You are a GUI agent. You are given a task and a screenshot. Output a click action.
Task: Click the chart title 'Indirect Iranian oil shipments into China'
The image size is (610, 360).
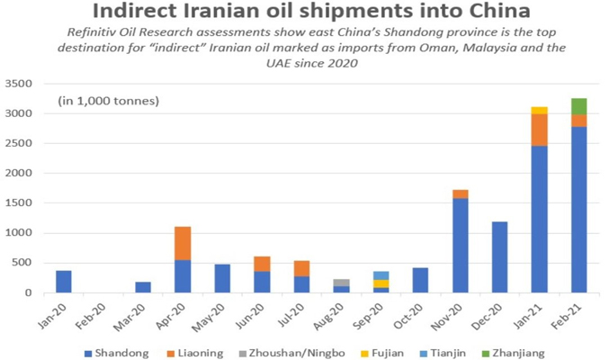pyautogui.click(x=304, y=13)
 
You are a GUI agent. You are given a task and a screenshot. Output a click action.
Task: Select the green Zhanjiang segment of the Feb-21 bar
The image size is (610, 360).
pyautogui.click(x=579, y=106)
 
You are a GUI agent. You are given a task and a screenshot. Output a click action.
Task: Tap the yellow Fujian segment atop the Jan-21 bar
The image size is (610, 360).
pyautogui.click(x=539, y=110)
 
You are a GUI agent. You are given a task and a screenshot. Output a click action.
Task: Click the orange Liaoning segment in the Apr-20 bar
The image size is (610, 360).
pyautogui.click(x=183, y=243)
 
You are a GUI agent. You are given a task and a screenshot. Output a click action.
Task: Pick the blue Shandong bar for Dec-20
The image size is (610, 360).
pyautogui.click(x=499, y=256)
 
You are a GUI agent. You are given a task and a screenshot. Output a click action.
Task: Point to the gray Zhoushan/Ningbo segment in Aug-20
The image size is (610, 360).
pyautogui.click(x=341, y=283)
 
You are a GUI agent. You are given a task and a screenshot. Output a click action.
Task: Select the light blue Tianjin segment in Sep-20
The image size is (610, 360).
pyautogui.click(x=381, y=275)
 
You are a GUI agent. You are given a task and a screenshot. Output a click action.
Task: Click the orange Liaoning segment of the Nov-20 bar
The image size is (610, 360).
pyautogui.click(x=460, y=193)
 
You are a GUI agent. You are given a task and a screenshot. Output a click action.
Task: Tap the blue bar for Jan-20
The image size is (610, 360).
pyautogui.click(x=63, y=282)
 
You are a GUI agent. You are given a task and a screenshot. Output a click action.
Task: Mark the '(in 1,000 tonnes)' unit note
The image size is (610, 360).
pyautogui.click(x=109, y=100)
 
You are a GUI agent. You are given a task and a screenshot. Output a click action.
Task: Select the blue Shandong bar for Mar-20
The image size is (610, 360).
pyautogui.click(x=143, y=287)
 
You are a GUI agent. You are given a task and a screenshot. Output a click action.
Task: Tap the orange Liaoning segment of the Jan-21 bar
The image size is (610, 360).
pyautogui.click(x=539, y=130)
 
